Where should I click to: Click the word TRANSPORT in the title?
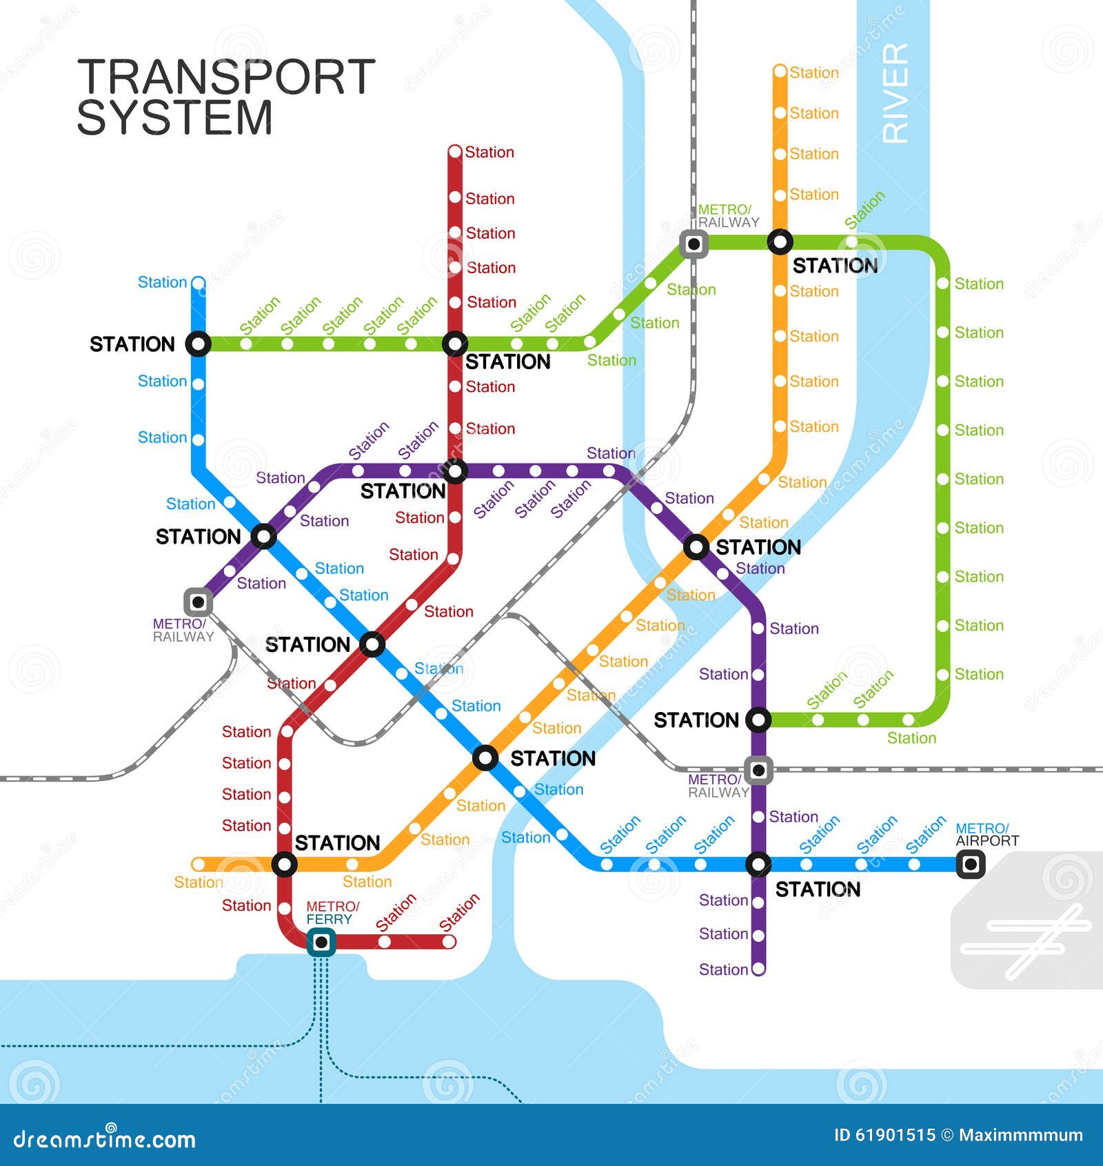click(226, 77)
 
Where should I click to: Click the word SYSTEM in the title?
click(174, 118)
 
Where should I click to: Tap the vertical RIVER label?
click(895, 94)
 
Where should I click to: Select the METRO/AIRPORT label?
click(986, 834)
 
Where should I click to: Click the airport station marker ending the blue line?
click(970, 864)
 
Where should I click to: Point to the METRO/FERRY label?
click(332, 912)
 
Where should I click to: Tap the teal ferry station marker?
click(321, 942)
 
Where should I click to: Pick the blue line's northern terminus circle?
click(198, 283)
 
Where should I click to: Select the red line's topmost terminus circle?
click(455, 152)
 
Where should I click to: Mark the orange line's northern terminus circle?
click(780, 72)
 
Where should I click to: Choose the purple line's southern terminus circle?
click(758, 969)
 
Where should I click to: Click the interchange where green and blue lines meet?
click(198, 344)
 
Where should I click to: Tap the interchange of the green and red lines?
click(455, 344)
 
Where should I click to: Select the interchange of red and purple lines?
click(455, 472)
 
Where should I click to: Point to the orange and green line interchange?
click(780, 242)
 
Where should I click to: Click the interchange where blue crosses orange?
click(485, 758)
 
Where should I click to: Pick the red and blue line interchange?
click(372, 644)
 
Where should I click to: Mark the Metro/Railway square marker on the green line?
click(694, 244)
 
